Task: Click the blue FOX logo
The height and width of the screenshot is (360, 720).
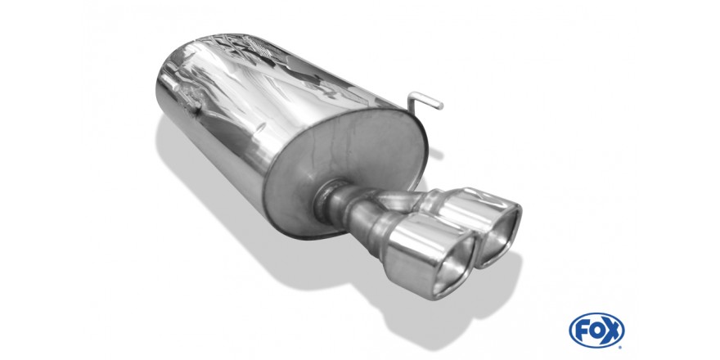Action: pyautogui.click(x=596, y=331)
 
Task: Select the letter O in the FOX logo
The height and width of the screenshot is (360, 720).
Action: pyautogui.click(x=596, y=331)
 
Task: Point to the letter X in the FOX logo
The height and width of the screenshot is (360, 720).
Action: pyautogui.click(x=612, y=331)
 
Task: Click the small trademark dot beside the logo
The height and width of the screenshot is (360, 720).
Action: pyautogui.click(x=621, y=346)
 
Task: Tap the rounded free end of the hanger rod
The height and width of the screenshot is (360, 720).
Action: pyautogui.click(x=440, y=106)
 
